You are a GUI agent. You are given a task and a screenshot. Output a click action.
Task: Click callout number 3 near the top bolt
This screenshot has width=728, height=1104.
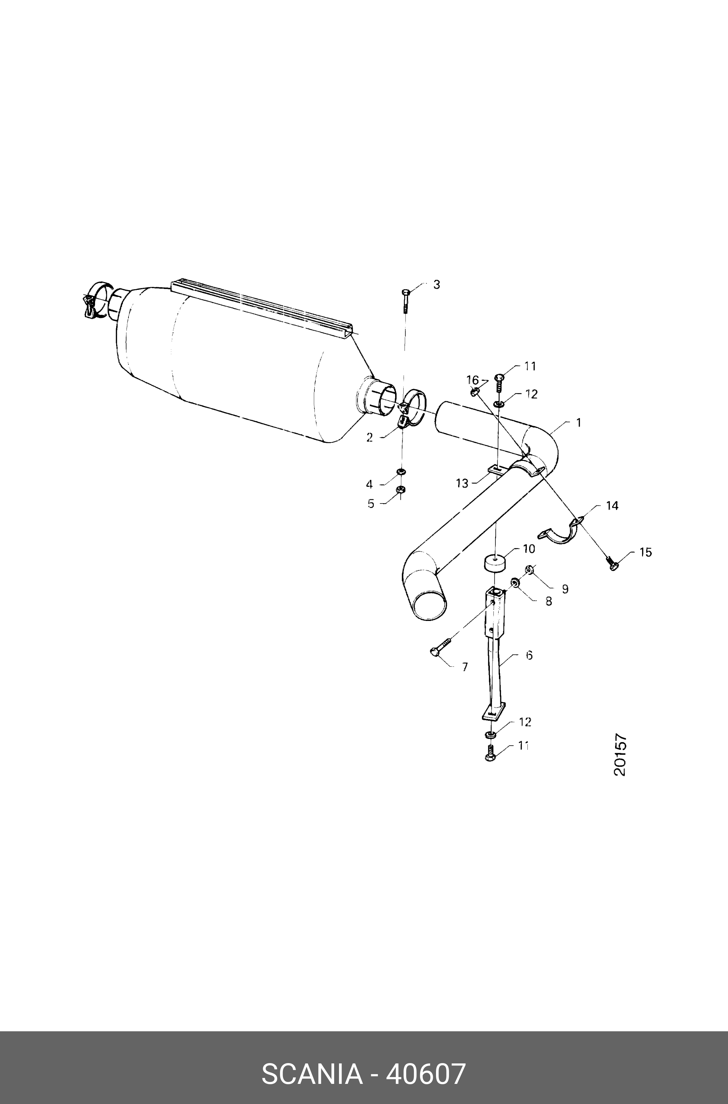click(436, 284)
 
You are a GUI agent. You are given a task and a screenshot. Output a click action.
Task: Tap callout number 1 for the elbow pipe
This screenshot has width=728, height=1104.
click(578, 423)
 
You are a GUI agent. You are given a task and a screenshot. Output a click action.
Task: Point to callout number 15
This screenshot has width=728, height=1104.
click(645, 552)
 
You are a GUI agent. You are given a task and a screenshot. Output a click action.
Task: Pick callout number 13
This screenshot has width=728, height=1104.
click(462, 483)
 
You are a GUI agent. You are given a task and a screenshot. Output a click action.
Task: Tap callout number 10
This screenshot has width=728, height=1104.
click(529, 549)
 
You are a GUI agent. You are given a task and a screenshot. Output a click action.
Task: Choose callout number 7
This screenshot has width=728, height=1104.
click(465, 667)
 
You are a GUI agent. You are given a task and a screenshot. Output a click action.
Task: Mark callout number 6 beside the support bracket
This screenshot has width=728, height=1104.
click(529, 655)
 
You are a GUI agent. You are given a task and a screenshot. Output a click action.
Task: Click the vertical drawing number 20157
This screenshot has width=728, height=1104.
click(620, 755)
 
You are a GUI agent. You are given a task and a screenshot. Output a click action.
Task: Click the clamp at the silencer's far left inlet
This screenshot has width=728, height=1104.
click(96, 301)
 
